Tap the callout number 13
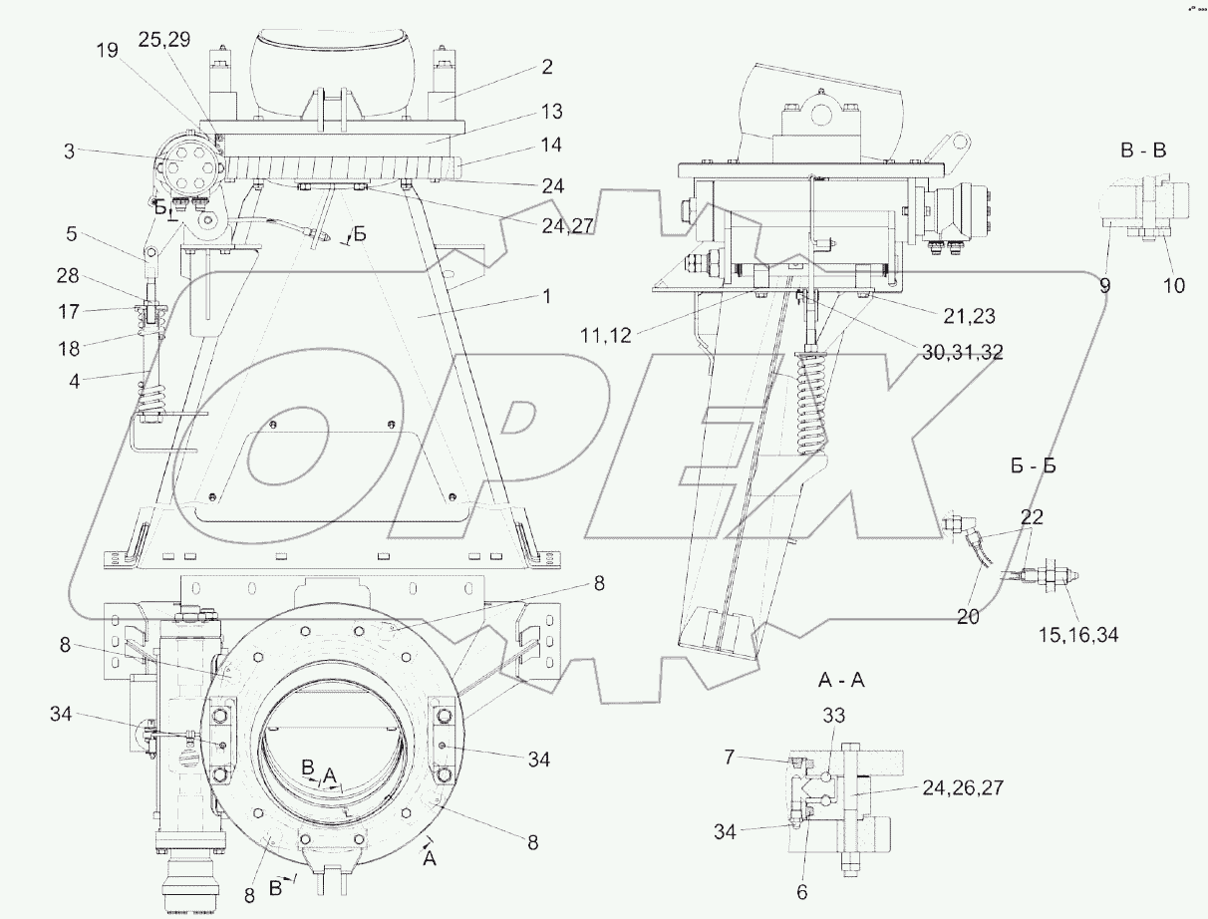pyautogui.click(x=553, y=109)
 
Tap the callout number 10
pyautogui.click(x=1173, y=285)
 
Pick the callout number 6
pyautogui.click(x=803, y=892)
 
